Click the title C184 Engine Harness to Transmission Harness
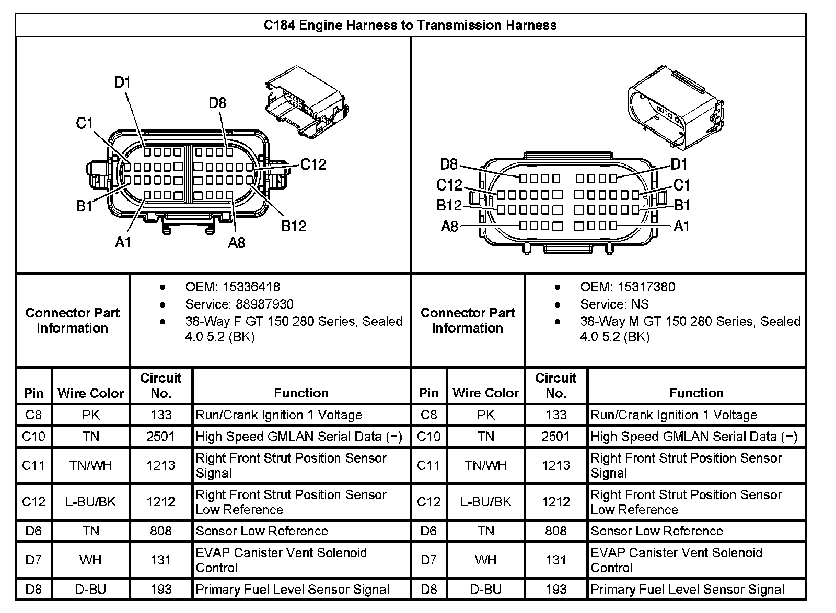pos(410,25)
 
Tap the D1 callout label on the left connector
pos(122,82)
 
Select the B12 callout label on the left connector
pos(294,226)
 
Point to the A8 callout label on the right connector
pos(449,226)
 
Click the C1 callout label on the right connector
pos(681,185)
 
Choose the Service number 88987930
pos(264,304)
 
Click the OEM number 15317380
pos(646,287)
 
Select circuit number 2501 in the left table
pos(160,436)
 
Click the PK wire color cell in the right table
pos(485,415)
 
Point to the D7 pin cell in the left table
pos(33,560)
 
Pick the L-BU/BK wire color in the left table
pos(90,502)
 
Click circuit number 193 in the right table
pos(555,589)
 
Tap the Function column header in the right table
pos(696,393)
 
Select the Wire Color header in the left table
pos(90,393)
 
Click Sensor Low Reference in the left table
pos(261,531)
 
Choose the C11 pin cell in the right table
pos(428,465)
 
